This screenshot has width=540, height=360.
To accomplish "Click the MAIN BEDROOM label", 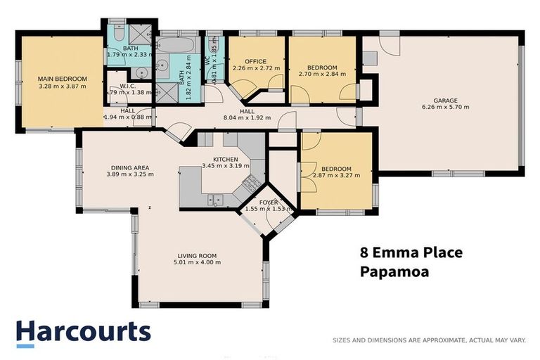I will click(62, 78).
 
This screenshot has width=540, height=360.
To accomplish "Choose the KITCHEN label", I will click(220, 159).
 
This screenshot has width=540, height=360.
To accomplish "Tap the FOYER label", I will click(269, 202).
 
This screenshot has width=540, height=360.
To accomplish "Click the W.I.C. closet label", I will click(127, 86).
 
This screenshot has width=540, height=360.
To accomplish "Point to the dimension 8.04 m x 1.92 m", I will click(247, 118).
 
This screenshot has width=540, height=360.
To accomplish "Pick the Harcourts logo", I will click(83, 333).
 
